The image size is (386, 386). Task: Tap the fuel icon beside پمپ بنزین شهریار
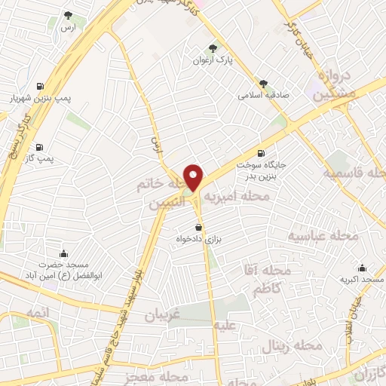38,85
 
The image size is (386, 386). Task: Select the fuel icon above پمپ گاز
38,147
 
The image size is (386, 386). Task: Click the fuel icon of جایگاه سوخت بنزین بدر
262,152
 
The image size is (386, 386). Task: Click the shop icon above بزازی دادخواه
198,227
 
